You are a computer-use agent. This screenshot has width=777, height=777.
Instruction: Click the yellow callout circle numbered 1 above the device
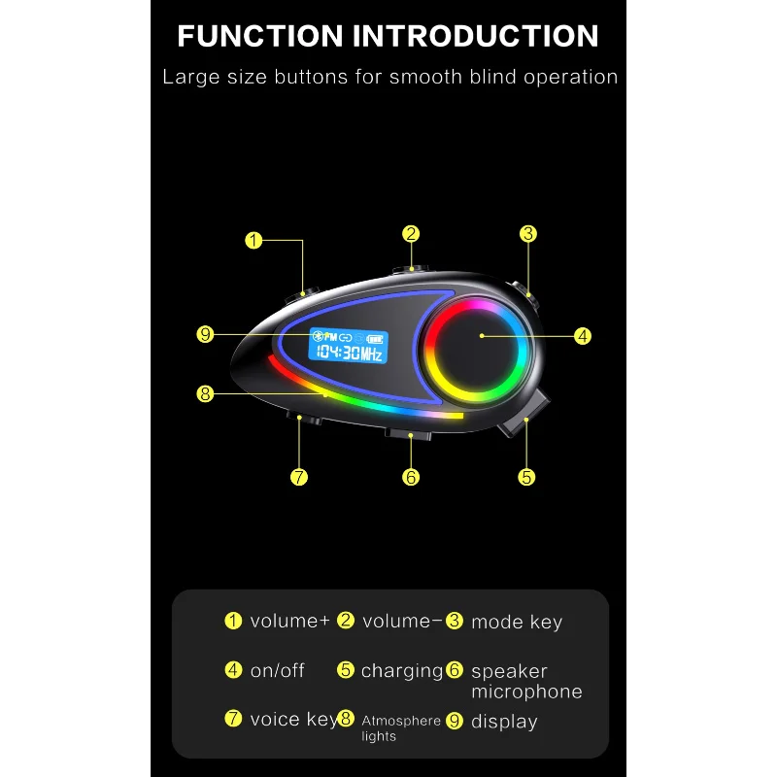[x=253, y=240]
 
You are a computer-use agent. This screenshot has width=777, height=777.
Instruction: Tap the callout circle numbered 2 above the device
[x=412, y=233]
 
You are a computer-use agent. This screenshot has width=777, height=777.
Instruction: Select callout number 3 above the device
[x=528, y=233]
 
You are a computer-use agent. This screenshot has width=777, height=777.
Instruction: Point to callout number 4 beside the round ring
[x=583, y=336]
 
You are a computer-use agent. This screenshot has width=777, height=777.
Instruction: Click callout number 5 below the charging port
[x=526, y=477]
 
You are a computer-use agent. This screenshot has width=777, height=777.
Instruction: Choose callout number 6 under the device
[x=412, y=477]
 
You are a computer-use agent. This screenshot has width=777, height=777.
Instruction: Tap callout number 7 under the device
[x=299, y=477]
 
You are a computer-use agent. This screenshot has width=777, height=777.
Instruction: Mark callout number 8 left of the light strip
[x=204, y=393]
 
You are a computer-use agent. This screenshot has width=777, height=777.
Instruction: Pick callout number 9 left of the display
[x=204, y=334]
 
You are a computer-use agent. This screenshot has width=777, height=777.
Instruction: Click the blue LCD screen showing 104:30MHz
[x=346, y=346]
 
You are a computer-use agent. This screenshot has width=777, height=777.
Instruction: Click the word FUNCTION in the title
[x=259, y=36]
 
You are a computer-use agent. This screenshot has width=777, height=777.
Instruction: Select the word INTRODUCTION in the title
[x=475, y=36]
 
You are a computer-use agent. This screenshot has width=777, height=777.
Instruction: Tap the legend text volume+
[x=289, y=622]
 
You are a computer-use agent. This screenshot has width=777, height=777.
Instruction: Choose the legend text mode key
[x=517, y=623]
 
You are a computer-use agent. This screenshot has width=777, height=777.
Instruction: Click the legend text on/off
[x=278, y=671]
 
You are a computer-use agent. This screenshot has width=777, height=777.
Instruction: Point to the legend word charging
[x=401, y=671]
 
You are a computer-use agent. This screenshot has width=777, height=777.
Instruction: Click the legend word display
[x=504, y=722]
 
